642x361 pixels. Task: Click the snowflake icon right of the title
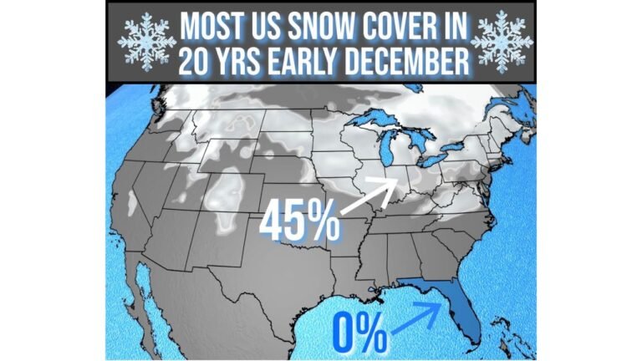[501, 42]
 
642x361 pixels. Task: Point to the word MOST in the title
[212, 27]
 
